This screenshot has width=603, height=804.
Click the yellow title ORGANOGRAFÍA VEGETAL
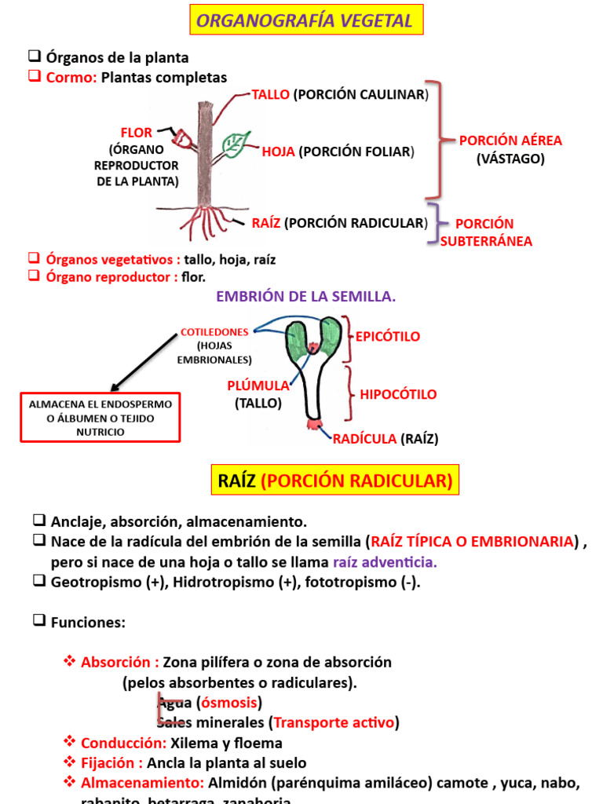coord(305,20)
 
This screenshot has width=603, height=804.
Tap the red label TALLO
coord(271,95)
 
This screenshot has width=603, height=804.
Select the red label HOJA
coord(278,152)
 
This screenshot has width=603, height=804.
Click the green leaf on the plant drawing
coord(233,144)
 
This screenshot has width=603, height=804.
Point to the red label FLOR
coord(136,133)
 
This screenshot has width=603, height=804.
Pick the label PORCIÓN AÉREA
coord(510,141)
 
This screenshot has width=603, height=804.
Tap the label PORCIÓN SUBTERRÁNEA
coord(485,232)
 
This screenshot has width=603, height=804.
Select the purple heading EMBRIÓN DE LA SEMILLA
coord(305,297)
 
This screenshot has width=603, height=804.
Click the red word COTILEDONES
coord(214,332)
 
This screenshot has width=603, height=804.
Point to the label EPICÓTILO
coord(388,336)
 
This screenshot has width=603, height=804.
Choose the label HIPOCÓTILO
coord(398,394)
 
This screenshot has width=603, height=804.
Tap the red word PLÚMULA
coord(258,386)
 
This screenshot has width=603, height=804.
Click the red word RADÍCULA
coord(364,439)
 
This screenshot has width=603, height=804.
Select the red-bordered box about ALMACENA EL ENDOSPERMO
coord(100,418)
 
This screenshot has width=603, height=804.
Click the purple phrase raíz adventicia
coord(385,562)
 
